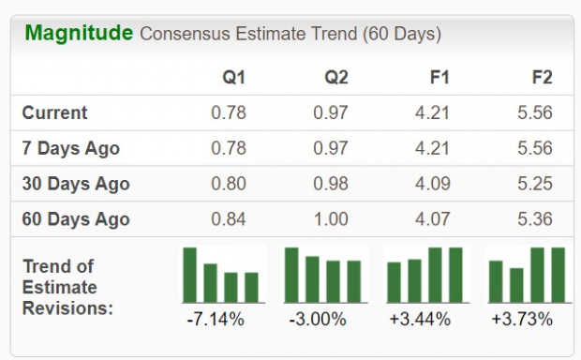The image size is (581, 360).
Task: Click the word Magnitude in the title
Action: (79, 34)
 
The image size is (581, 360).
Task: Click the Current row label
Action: (54, 112)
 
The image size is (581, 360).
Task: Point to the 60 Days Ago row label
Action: (75, 219)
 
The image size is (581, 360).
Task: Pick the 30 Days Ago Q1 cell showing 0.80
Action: (228, 184)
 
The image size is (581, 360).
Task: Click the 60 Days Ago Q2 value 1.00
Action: (330, 219)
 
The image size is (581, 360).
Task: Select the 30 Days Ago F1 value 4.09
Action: (432, 184)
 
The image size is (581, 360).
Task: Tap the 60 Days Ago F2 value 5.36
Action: (534, 219)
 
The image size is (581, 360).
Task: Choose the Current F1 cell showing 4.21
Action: (432, 112)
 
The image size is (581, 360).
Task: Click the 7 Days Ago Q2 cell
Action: (330, 148)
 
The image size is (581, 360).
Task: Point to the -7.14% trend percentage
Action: (216, 320)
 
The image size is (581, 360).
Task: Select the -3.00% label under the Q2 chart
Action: (319, 320)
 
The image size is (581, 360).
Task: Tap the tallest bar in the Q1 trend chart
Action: (190, 274)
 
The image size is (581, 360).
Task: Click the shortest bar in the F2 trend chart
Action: (516, 284)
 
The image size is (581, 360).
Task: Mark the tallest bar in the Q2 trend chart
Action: (291, 274)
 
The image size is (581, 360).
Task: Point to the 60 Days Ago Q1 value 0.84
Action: (228, 219)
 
